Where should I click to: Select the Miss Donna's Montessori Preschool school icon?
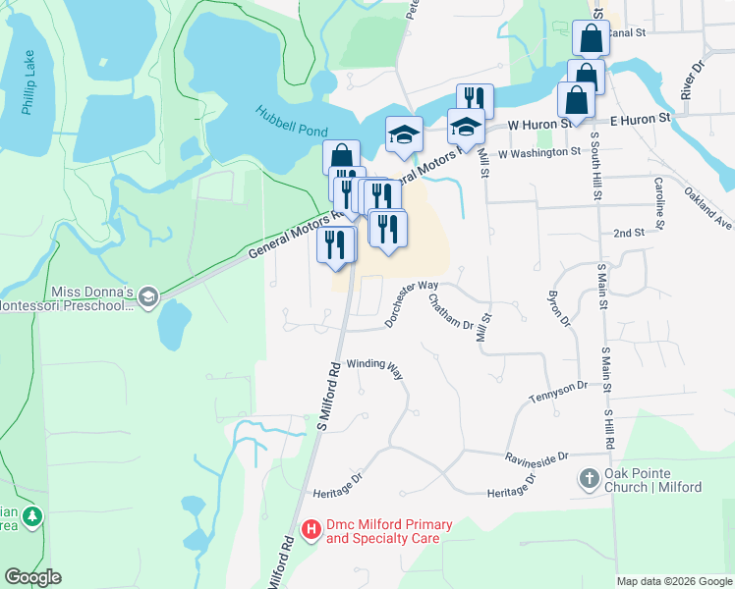[x=147, y=296]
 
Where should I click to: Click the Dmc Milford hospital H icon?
[x=311, y=531]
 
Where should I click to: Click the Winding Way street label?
[x=374, y=368]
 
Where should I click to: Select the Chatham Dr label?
[x=453, y=313]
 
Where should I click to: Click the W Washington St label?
[x=538, y=153]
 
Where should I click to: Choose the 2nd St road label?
[x=628, y=233]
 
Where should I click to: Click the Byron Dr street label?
[x=559, y=309]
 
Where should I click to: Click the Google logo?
[x=32, y=577]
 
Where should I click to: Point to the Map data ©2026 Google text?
[x=673, y=581]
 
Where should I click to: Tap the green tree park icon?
[x=33, y=514]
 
